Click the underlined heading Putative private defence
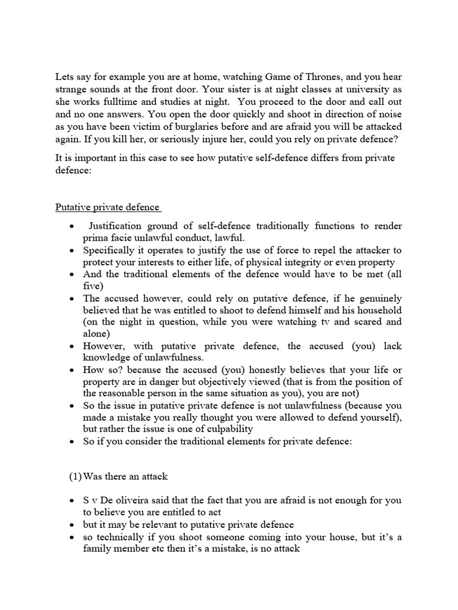(107, 207)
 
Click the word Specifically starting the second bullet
(110, 250)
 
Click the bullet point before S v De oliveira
(72, 501)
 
